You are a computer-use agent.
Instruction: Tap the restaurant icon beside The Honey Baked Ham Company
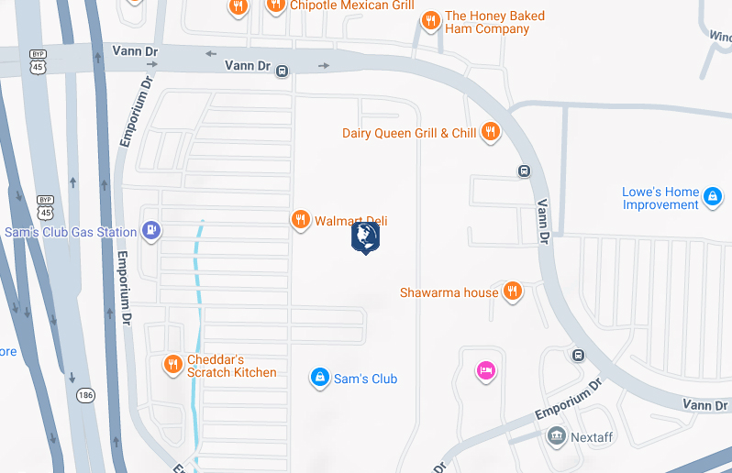430,21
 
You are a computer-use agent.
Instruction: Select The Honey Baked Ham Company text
494,23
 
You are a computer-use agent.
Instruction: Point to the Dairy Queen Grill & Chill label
409,133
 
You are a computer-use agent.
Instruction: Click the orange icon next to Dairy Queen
491,132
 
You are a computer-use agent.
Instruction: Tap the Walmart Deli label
351,221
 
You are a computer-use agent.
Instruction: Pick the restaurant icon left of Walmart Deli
300,220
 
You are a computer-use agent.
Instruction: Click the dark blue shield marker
365,237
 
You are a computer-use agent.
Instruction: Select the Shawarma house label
449,292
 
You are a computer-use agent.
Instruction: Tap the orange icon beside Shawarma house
513,292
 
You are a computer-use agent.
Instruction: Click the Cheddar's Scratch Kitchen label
232,366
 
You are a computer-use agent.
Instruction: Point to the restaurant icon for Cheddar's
172,366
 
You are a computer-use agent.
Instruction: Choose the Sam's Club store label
365,378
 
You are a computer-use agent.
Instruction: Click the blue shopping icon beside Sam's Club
319,377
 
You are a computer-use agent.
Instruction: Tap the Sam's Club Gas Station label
70,232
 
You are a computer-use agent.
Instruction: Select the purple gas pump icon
151,232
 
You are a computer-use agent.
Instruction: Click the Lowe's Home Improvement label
660,198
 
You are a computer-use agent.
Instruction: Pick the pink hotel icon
485,370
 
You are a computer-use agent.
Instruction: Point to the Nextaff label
592,437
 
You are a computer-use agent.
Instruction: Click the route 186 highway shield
85,395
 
